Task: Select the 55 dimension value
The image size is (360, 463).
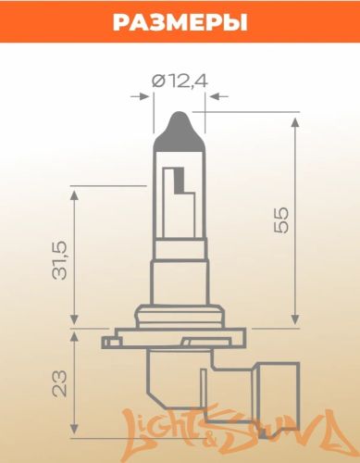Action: pyautogui.click(x=282, y=219)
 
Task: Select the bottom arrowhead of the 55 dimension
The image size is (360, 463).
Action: pyautogui.click(x=295, y=324)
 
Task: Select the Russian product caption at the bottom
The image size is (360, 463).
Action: pyautogui.click(x=180, y=451)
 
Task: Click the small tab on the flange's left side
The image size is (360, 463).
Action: pyautogui.click(x=117, y=337)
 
